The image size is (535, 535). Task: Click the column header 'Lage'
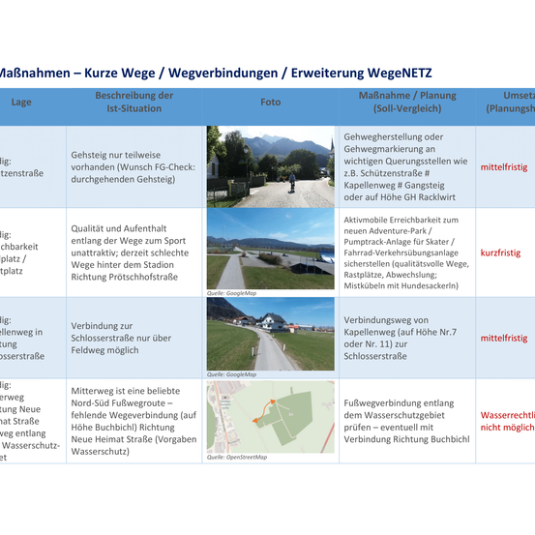pos(21,101)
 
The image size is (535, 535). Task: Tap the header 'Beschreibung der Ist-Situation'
pos(134,102)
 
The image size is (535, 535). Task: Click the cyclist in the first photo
pos(292,181)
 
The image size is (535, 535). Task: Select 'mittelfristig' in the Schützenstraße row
pos(504,166)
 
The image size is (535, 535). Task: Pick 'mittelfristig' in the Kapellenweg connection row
pos(504,338)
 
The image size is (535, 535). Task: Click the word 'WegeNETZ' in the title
pos(400,73)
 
